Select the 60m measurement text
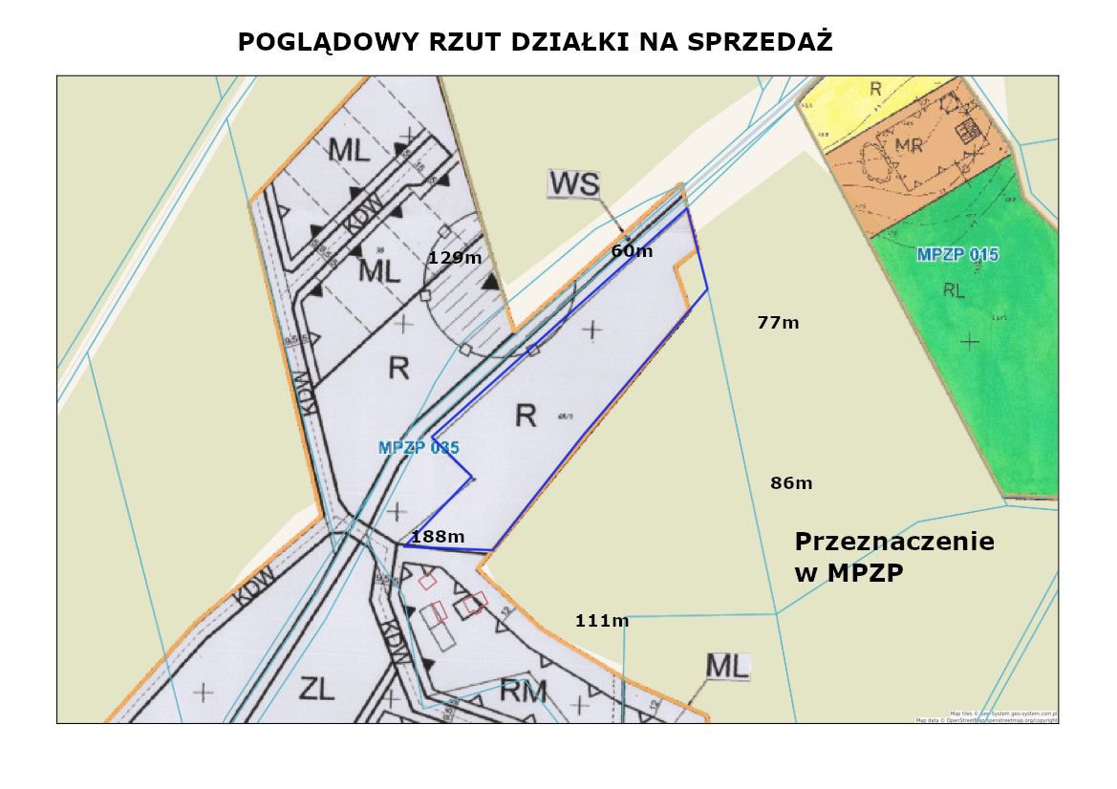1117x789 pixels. [x=632, y=251]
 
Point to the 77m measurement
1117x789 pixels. [x=778, y=323]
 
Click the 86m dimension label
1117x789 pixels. [x=791, y=483]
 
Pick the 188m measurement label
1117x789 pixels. [x=438, y=537]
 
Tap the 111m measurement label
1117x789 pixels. [x=602, y=621]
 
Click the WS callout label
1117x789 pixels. [x=572, y=182]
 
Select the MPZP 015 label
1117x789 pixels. [x=957, y=254]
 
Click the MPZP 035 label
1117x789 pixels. [x=419, y=447]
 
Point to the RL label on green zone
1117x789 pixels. [x=954, y=290]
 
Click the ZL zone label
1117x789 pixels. [x=316, y=688]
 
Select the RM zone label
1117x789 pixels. [x=524, y=691]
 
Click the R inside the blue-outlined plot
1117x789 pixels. [x=525, y=416]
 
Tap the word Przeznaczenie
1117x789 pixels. [x=894, y=542]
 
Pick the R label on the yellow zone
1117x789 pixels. [x=875, y=89]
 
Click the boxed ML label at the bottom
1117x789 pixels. [x=727, y=666]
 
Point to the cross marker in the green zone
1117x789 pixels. [x=971, y=339]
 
